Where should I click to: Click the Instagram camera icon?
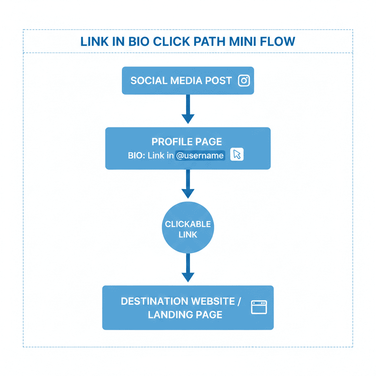(x=244, y=80)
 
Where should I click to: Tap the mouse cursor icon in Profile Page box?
(x=237, y=155)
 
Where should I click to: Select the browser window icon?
(x=259, y=307)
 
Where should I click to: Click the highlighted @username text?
(x=200, y=155)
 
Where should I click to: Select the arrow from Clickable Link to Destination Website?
(x=188, y=268)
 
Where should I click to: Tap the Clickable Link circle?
(x=188, y=228)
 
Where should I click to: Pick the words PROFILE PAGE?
(x=187, y=142)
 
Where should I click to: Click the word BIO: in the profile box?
(x=137, y=155)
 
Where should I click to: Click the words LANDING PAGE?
(x=185, y=315)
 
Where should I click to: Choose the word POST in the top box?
(x=218, y=80)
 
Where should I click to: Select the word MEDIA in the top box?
(x=184, y=80)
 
